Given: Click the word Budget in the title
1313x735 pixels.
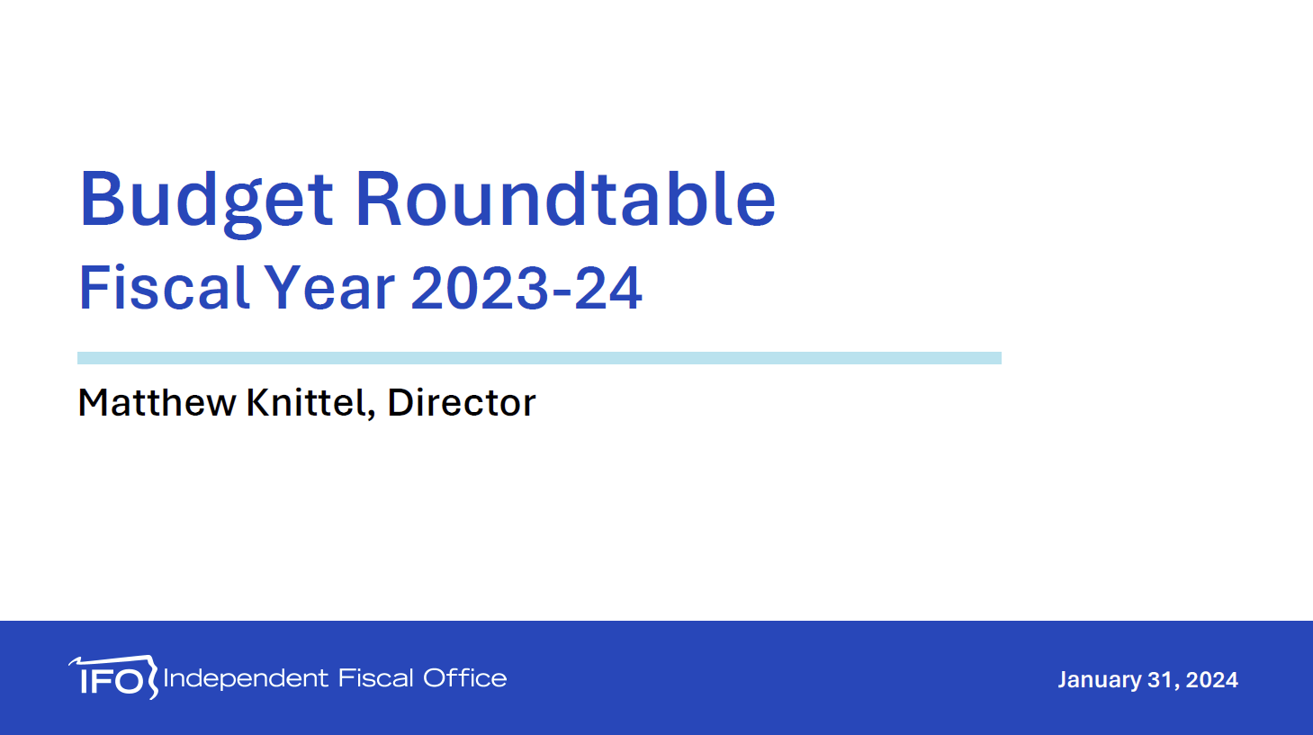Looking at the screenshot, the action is pyautogui.click(x=206, y=202).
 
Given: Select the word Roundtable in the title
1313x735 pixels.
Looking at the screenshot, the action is pyautogui.click(x=566, y=198).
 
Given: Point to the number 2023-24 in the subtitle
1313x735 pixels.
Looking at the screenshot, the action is pyautogui.click(x=526, y=288).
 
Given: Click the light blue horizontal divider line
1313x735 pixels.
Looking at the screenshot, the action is pyautogui.click(x=539, y=358).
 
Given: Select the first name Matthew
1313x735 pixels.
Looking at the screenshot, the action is pyautogui.click(x=157, y=403).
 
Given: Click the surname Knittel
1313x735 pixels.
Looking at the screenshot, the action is pyautogui.click(x=307, y=403).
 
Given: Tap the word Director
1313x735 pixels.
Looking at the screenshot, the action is pyautogui.click(x=462, y=403).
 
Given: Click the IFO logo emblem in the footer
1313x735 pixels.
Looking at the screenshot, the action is pyautogui.click(x=113, y=677).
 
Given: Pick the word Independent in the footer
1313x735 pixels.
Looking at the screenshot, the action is pyautogui.click(x=246, y=678).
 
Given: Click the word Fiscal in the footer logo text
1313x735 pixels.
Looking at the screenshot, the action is pyautogui.click(x=376, y=678).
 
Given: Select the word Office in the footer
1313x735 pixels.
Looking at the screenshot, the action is pyautogui.click(x=465, y=678).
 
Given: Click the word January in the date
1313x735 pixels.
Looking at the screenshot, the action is pyautogui.click(x=1100, y=680).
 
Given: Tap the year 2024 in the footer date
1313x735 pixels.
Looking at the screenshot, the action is pyautogui.click(x=1211, y=680).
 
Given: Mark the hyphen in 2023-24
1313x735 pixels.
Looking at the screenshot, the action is pyautogui.click(x=562, y=291).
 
